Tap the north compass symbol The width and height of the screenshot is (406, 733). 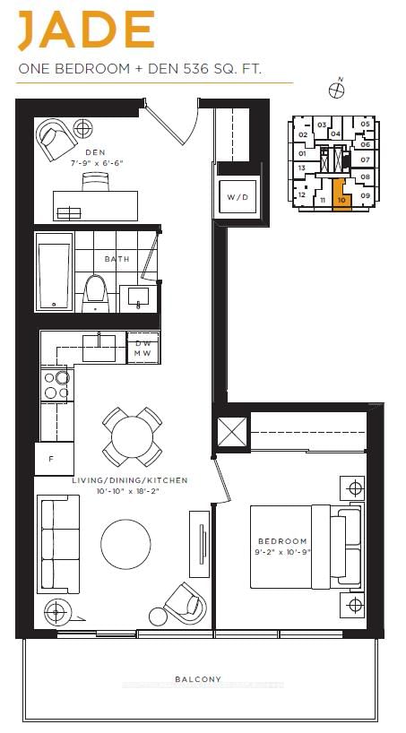(339, 88)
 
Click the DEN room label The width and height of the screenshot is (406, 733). (94, 152)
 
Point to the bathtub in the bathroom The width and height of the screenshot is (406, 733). (54, 271)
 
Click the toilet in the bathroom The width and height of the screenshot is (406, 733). (95, 290)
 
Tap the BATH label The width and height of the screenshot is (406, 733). (117, 259)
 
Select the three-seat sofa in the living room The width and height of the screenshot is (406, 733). (58, 543)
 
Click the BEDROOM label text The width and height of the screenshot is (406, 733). (282, 541)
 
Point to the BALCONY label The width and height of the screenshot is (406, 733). (199, 679)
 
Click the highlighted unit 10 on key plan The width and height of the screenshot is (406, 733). (341, 195)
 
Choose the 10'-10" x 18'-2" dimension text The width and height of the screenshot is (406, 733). (130, 491)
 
